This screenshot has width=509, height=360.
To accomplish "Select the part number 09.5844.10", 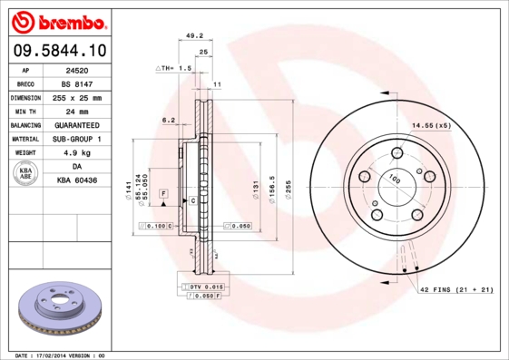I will pyautogui.click(x=57, y=51).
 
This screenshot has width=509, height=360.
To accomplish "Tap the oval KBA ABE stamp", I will pyautogui.click(x=25, y=174).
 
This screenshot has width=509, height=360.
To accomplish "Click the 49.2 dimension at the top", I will pyautogui.click(x=192, y=37).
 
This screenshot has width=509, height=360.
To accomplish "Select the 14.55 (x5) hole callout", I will pyautogui.click(x=431, y=124).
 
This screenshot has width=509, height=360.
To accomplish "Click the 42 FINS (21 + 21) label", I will pyautogui.click(x=455, y=290).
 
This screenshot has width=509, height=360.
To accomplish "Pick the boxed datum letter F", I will pyautogui.click(x=164, y=194).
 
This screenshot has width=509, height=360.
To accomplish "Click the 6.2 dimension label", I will pyautogui.click(x=168, y=120).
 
